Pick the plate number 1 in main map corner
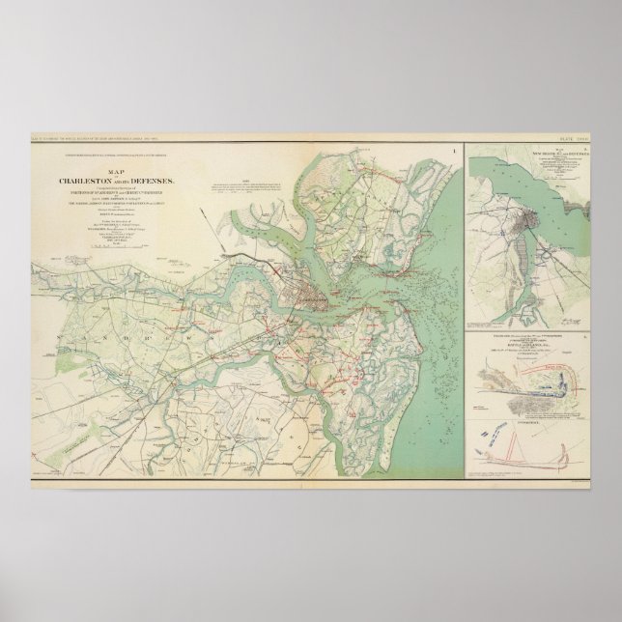(454, 151)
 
